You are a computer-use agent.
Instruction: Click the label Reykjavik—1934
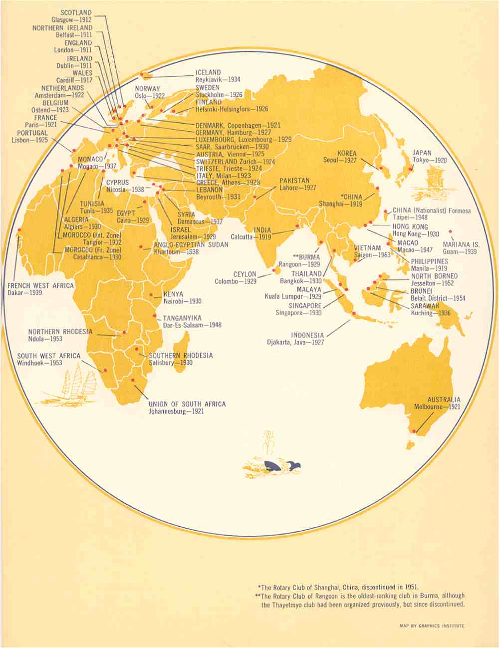[x=217, y=80]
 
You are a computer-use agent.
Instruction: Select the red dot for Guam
[x=450, y=231]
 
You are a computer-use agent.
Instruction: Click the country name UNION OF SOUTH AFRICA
[x=187, y=404]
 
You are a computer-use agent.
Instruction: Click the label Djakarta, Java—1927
[x=295, y=343]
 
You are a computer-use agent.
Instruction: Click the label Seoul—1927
[x=340, y=161]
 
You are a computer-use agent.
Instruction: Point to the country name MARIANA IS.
[x=461, y=245]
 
